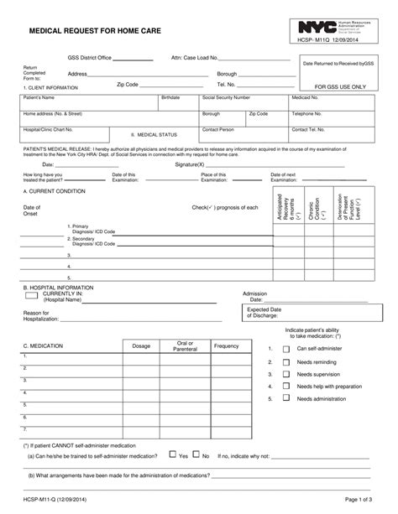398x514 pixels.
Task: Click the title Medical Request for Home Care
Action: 94,28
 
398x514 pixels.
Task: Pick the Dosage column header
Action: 141,345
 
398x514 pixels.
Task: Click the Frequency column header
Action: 226,345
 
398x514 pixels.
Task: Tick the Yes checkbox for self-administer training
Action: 172,456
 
